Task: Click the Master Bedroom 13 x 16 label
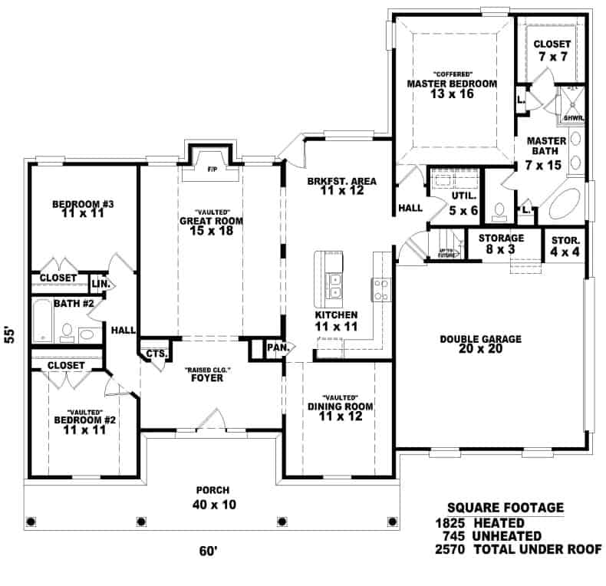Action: pos(452,88)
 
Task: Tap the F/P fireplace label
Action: pos(212,170)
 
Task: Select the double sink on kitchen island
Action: pos(335,286)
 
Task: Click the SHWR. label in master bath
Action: pos(574,118)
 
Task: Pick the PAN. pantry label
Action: pos(276,348)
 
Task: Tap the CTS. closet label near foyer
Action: pos(156,354)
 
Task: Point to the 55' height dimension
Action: pos(10,334)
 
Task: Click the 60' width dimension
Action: pos(208,550)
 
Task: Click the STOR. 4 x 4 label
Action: pos(565,245)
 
